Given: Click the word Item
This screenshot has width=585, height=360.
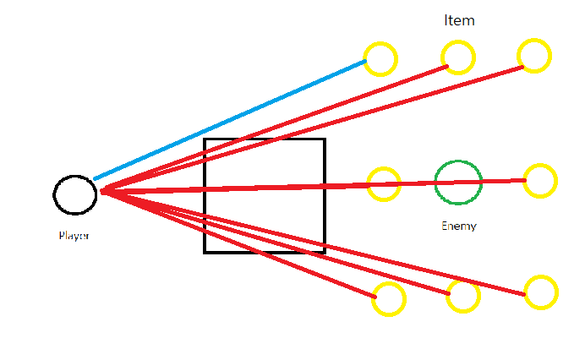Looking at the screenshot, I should point(459,21).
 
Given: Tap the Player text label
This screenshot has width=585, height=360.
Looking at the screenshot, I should point(74,236).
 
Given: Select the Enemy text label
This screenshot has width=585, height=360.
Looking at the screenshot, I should point(459,226).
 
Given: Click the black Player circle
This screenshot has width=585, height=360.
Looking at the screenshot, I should point(74,194).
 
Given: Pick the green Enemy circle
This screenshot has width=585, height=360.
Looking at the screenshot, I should point(458,182).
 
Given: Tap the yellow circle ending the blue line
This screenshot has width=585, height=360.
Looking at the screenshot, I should point(380,59).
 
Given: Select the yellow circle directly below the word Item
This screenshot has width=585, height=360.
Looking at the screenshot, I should point(458,57).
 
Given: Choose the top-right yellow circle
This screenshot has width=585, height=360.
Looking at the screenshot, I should point(534,56).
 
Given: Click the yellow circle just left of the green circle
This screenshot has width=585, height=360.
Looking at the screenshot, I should point(384,184).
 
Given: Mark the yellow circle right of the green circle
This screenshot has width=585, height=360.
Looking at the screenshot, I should point(539,180).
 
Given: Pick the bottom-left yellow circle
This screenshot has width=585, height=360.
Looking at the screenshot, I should point(389,299).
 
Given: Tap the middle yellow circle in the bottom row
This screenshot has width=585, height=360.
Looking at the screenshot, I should point(463,296).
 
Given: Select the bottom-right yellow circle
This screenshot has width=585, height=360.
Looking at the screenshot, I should point(541,292).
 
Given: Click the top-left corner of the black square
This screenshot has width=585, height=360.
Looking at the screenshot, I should point(205,139).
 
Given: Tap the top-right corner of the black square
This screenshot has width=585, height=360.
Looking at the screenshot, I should point(325,139).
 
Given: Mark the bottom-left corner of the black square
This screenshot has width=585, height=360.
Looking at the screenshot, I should point(205,252).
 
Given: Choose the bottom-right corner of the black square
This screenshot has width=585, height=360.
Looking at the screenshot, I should point(325,252).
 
